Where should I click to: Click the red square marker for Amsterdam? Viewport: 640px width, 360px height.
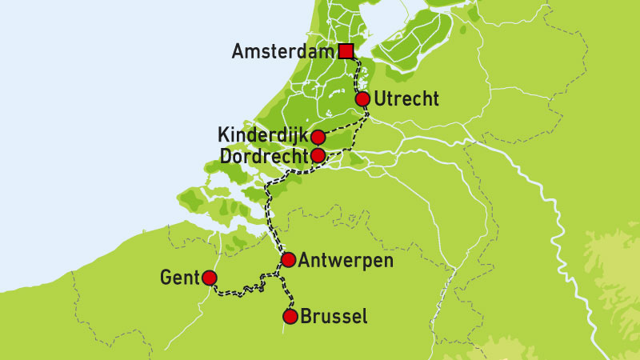pyautogui.click(x=346, y=51)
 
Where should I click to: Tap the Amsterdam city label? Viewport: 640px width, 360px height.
pyautogui.click(x=282, y=52)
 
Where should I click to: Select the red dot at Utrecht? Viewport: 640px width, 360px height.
pyautogui.click(x=362, y=99)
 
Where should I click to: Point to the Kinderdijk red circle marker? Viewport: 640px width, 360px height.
pyautogui.click(x=318, y=137)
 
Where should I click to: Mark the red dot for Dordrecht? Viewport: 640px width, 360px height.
pyautogui.click(x=318, y=155)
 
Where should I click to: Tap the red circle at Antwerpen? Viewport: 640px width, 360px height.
pyautogui.click(x=288, y=260)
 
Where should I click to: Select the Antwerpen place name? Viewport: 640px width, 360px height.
pyautogui.click(x=346, y=260)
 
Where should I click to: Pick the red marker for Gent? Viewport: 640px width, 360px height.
pyautogui.click(x=210, y=278)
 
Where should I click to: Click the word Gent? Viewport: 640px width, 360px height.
pyautogui.click(x=178, y=278)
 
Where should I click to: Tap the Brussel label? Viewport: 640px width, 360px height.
pyautogui.click(x=334, y=317)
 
